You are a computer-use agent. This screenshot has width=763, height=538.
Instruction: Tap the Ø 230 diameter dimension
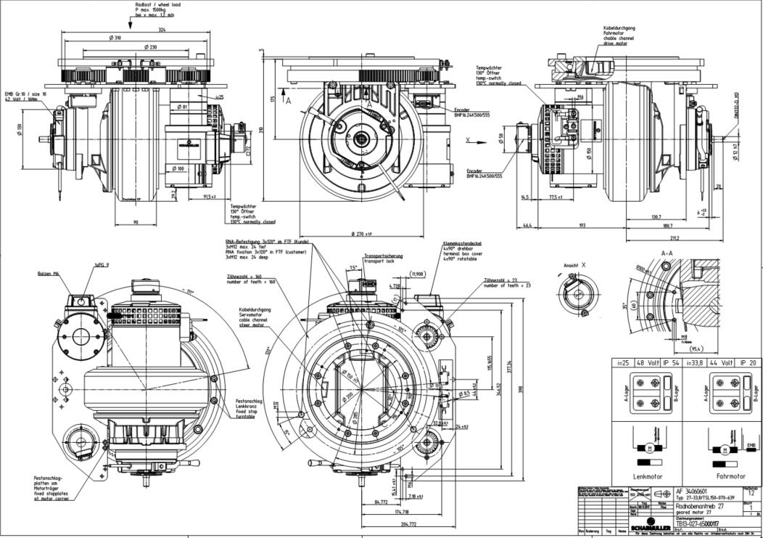point(150,47)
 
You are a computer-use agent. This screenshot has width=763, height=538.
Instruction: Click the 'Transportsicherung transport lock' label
point(384,258)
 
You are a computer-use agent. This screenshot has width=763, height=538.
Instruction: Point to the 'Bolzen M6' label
point(49,274)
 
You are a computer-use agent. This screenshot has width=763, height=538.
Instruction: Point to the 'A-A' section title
point(668,254)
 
